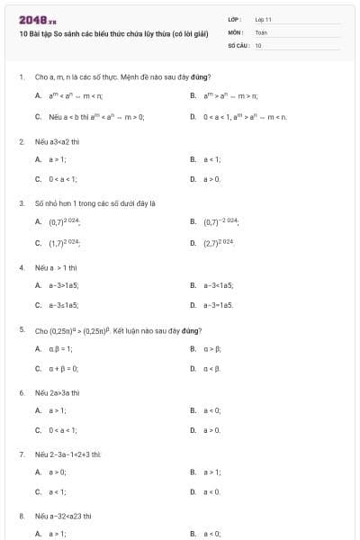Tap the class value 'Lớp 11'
[263, 18]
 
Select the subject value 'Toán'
[261, 31]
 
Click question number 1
[21, 77]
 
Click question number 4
[21, 267]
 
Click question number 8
[21, 517]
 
